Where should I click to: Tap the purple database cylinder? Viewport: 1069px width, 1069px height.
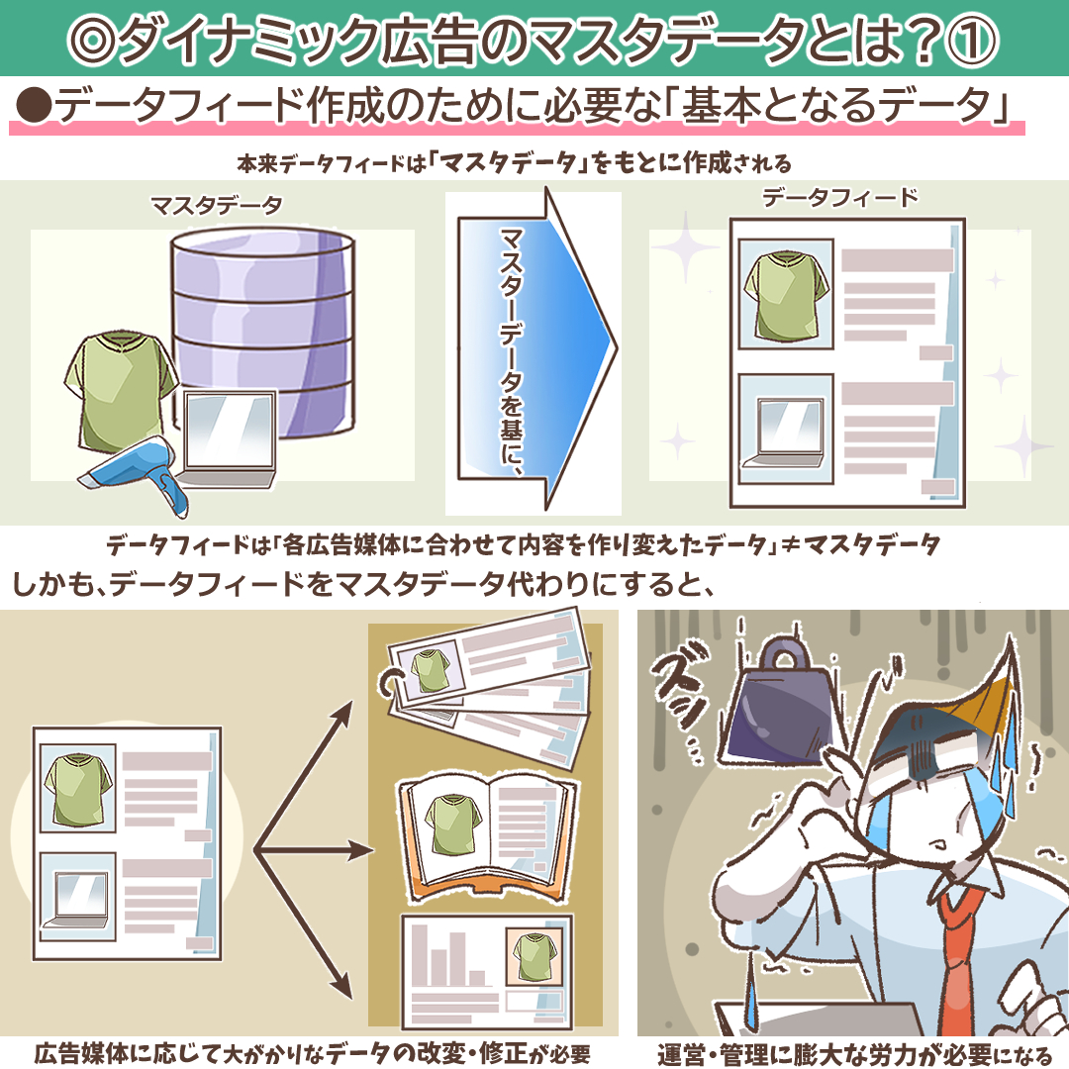263,335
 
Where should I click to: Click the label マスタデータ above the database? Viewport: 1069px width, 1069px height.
216,205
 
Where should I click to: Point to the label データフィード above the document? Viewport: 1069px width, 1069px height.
840,198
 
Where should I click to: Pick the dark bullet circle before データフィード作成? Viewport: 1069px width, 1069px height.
34,107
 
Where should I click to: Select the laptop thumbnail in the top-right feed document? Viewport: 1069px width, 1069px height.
786,429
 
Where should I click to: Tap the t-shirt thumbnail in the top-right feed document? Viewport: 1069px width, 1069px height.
786,294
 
